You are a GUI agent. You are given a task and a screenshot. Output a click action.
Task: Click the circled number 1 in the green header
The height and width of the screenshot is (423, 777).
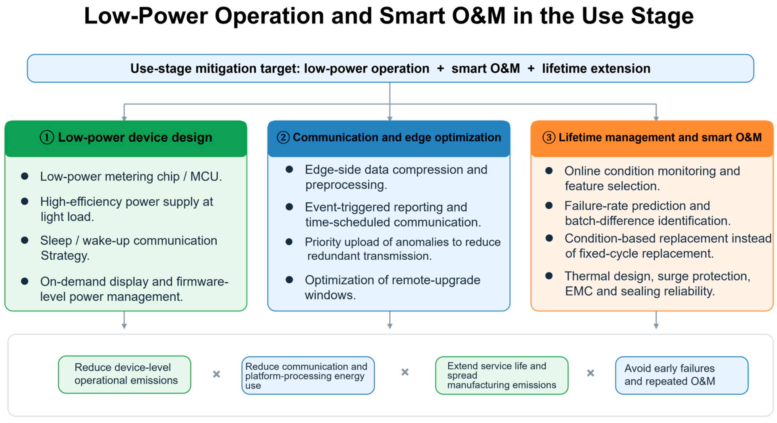[x=47, y=137]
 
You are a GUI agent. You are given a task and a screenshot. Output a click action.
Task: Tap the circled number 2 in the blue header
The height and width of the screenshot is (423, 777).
[x=283, y=137]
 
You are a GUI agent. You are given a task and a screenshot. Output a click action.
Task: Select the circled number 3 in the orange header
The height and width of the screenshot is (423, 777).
[x=549, y=137]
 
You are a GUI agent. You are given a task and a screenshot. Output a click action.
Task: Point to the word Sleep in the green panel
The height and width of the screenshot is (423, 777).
[x=56, y=241]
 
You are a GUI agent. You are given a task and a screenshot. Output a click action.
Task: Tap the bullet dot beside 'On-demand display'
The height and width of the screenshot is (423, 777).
[x=25, y=281]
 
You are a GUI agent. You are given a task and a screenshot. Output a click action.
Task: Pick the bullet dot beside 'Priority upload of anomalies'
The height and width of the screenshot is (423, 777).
[x=289, y=242]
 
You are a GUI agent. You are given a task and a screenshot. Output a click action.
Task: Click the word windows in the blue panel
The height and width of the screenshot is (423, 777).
[x=330, y=295]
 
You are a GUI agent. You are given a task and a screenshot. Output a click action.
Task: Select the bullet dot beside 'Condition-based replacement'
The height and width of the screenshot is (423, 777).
[x=549, y=238]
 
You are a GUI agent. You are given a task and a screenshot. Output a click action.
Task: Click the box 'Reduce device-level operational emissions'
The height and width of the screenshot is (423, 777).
[x=125, y=375]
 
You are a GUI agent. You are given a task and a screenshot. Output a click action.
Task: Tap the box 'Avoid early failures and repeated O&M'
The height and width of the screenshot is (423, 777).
[x=681, y=375]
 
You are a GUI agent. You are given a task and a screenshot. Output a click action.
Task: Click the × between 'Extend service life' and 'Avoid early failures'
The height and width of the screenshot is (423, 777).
[x=591, y=373]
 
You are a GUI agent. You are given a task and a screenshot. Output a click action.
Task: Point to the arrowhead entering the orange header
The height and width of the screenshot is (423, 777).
[x=656, y=119]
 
